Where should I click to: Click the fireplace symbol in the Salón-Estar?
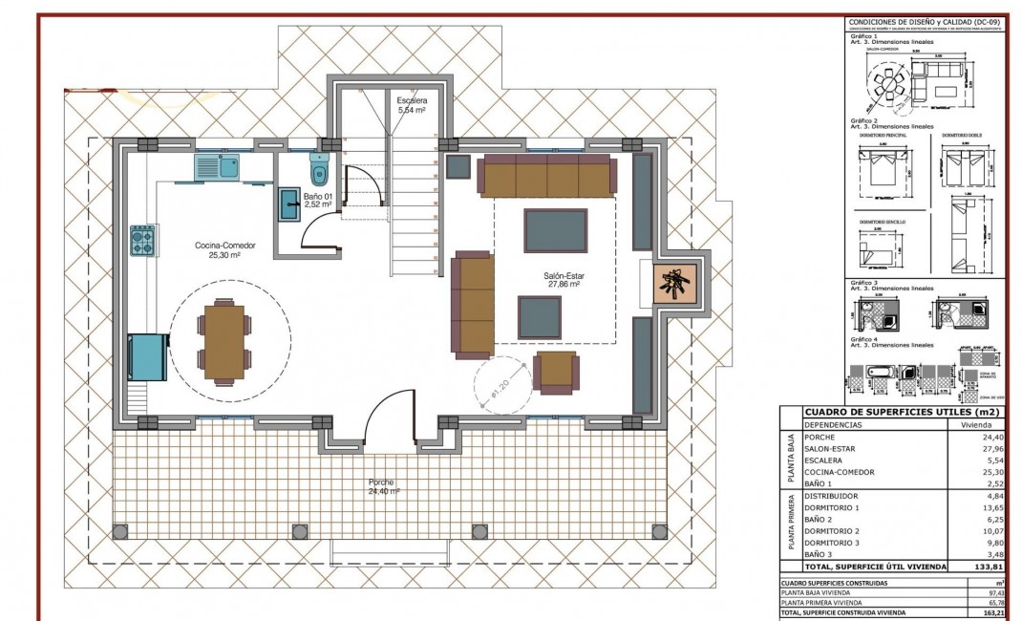(x=676, y=284)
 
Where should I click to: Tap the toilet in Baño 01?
(x=319, y=171)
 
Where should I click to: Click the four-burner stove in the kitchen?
(x=143, y=240)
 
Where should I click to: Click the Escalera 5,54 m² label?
(x=411, y=105)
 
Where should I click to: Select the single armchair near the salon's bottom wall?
(x=555, y=372)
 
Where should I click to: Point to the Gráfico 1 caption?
(x=862, y=36)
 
